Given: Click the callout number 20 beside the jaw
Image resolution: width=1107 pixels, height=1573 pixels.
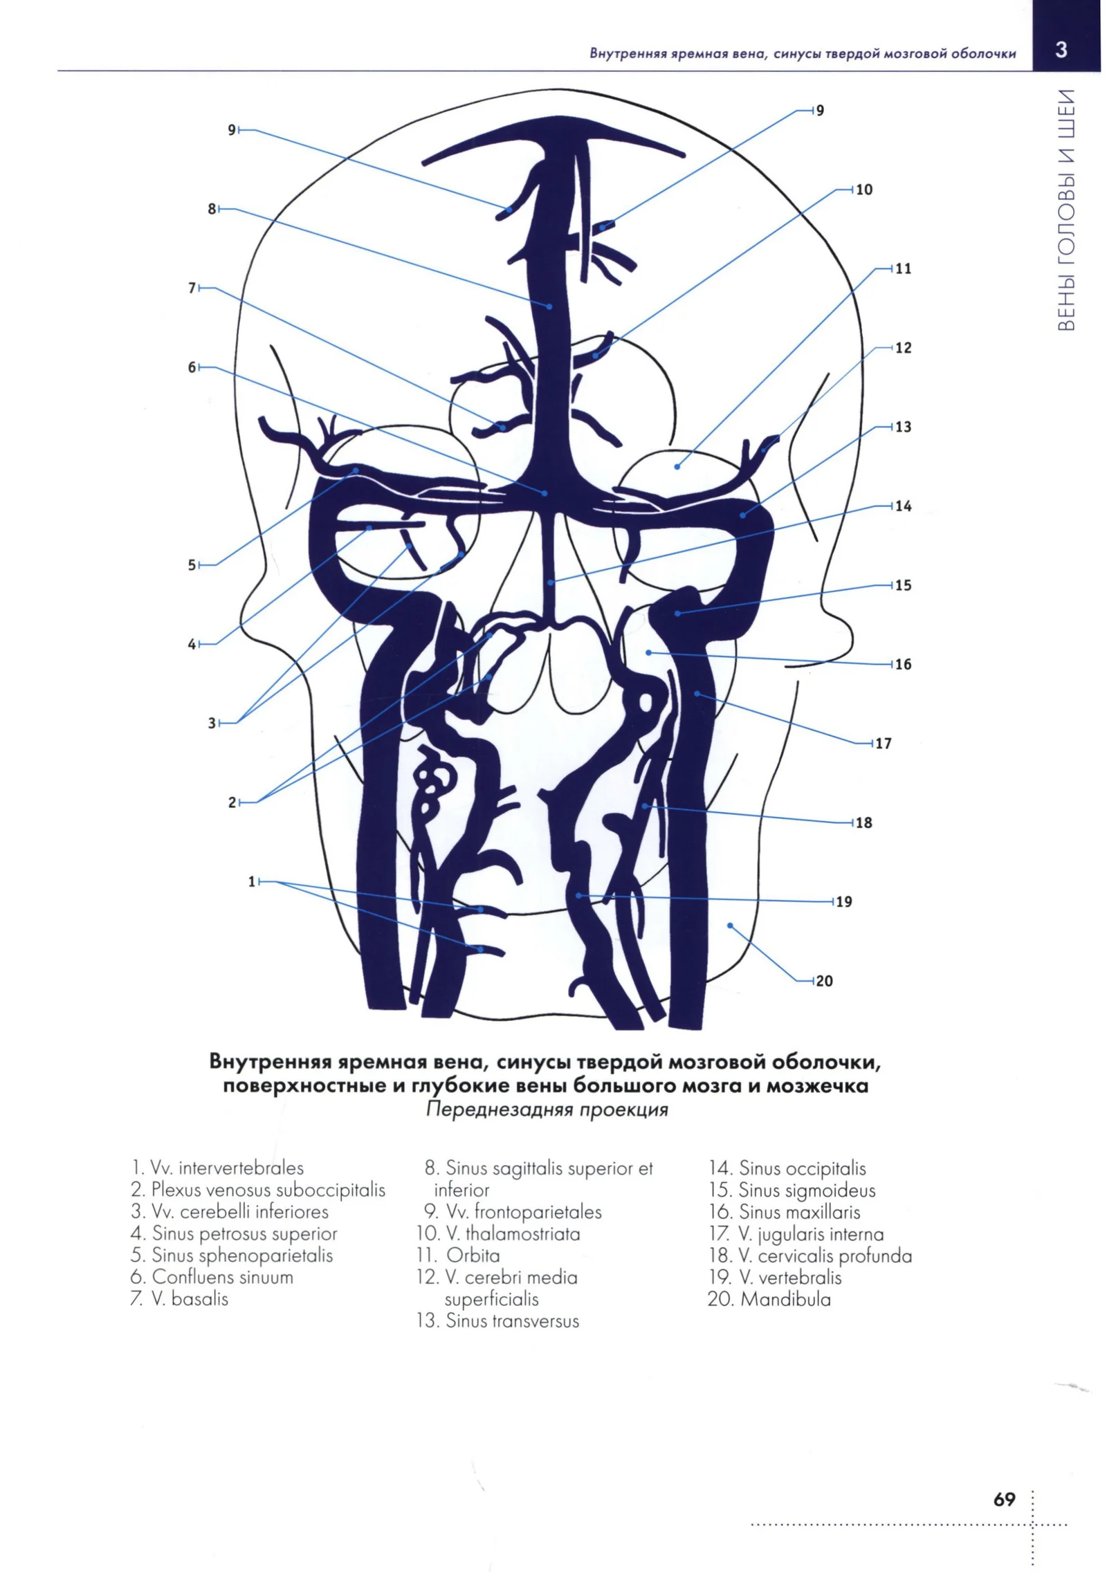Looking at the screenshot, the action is click(x=824, y=981).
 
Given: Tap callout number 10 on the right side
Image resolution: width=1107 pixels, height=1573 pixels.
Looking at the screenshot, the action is click(x=864, y=190).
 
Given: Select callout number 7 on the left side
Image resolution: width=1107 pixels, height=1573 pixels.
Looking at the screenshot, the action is click(x=192, y=288).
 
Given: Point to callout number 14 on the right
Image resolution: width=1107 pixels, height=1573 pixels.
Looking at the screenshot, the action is click(x=903, y=506).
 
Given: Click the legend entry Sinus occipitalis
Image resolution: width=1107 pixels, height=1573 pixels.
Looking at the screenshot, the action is click(x=787, y=1169).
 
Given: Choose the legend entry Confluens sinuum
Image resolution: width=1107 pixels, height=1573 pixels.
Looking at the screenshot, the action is click(x=212, y=1277).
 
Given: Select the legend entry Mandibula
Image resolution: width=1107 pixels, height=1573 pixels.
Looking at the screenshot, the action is click(x=769, y=1299).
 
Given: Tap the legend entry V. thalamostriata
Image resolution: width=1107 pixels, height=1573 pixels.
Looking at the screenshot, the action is click(x=498, y=1233).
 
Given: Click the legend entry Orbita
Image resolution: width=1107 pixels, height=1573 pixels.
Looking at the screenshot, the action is click(x=458, y=1255).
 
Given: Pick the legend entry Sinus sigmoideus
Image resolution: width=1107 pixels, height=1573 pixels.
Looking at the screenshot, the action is click(x=792, y=1190).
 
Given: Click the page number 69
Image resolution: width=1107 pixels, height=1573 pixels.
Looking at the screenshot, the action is click(x=1005, y=1500).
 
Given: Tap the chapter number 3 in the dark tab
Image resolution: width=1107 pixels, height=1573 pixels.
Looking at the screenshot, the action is click(x=1061, y=50).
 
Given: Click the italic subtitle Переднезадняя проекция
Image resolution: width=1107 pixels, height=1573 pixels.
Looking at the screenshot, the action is click(x=547, y=1110).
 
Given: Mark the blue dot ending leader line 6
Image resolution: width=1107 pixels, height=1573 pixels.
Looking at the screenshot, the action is click(x=545, y=493).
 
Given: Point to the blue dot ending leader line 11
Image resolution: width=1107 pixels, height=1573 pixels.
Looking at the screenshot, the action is click(x=677, y=467).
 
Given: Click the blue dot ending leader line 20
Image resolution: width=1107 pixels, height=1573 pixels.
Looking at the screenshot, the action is click(x=730, y=926).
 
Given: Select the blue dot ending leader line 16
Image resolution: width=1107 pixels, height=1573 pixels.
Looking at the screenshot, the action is click(x=648, y=652).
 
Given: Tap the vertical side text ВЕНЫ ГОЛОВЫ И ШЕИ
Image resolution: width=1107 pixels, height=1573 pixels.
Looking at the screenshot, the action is click(x=1067, y=210).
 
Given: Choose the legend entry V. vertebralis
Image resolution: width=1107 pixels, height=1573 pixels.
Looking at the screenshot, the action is click(x=775, y=1278).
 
